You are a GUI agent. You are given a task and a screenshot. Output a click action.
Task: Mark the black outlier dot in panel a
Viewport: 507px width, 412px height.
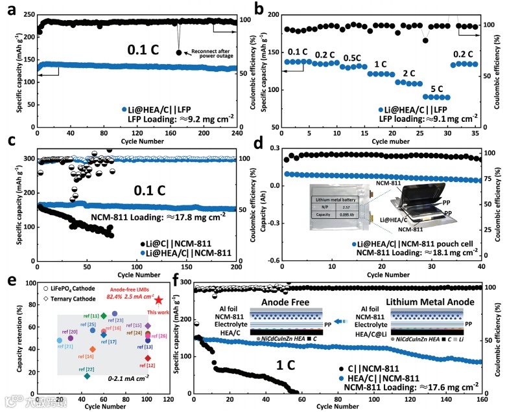pos(178,52)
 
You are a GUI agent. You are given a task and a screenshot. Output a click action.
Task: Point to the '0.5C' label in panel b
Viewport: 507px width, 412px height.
pos(352,58)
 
